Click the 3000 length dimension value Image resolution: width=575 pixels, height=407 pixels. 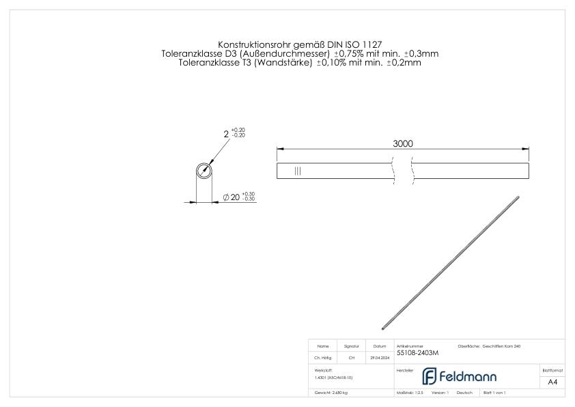(403, 143)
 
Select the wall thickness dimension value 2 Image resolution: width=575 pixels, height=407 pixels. (226, 134)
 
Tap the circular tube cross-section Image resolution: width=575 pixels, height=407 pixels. (204, 171)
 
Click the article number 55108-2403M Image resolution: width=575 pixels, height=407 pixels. (417, 353)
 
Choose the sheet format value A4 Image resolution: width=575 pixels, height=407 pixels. (552, 382)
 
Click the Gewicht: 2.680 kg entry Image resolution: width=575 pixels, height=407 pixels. (331, 393)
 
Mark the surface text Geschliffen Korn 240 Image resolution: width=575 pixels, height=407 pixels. (502, 347)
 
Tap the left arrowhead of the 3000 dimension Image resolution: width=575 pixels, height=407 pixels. (280, 150)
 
